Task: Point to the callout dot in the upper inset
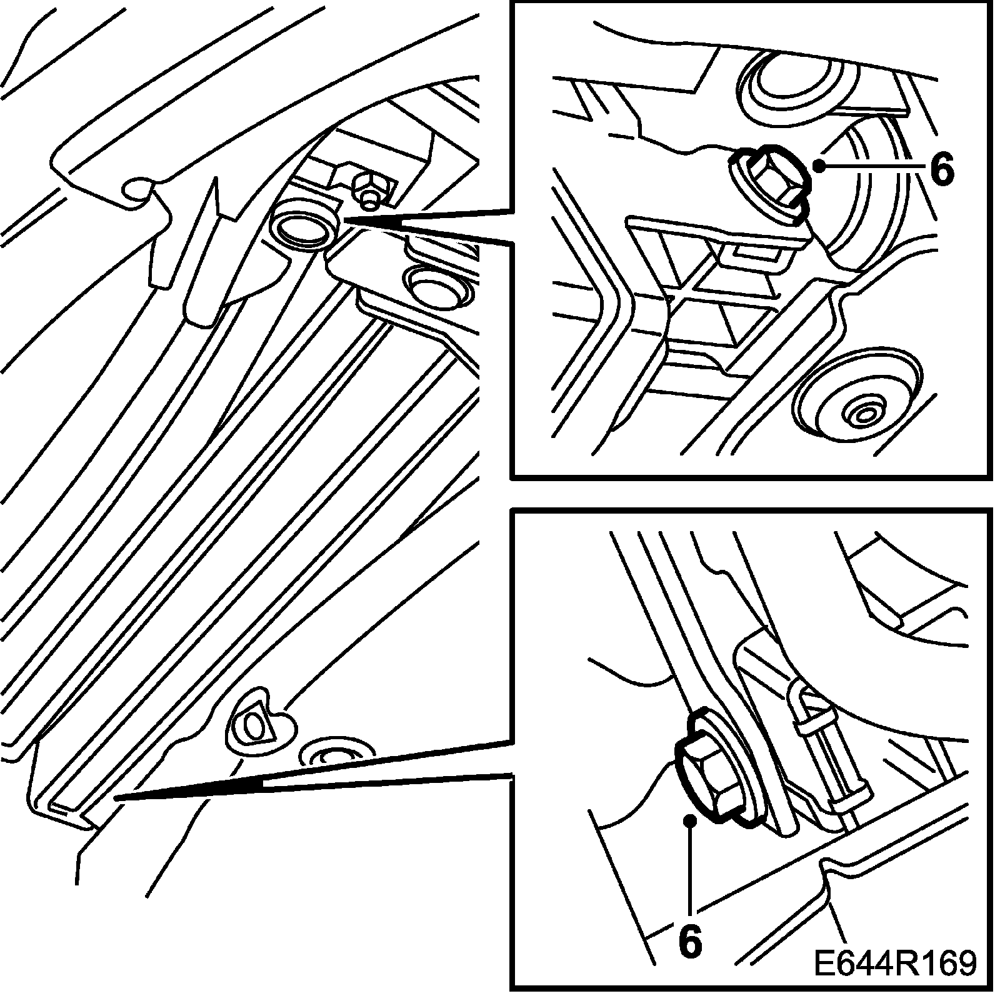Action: (818, 165)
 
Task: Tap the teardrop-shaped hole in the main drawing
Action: (254, 724)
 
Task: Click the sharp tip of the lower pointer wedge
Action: (116, 797)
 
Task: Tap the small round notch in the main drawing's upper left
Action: (137, 189)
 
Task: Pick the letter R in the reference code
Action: (907, 963)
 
